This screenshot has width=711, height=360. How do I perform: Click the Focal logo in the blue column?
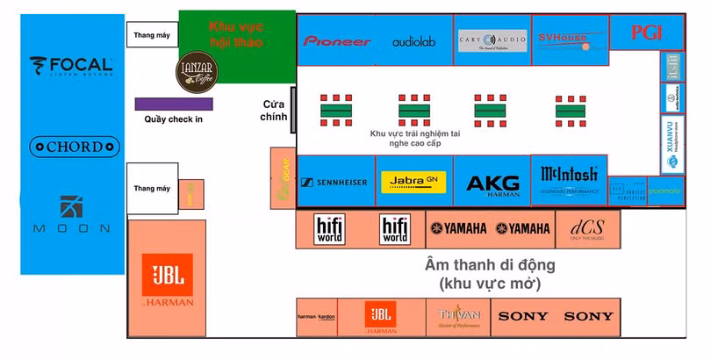pyautogui.click(x=71, y=66)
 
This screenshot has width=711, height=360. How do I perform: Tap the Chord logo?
pyautogui.click(x=74, y=147)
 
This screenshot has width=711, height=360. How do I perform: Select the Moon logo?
pyautogui.click(x=72, y=214)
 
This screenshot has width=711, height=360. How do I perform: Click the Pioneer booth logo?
pyautogui.click(x=337, y=41)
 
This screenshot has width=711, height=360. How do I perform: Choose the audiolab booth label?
pyautogui.click(x=413, y=41)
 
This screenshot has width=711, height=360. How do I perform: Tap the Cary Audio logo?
pyautogui.click(x=492, y=40)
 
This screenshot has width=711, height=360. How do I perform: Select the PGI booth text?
pyautogui.click(x=646, y=32)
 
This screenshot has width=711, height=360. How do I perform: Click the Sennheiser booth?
pyautogui.click(x=334, y=183)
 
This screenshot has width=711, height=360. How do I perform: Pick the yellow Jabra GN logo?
pyautogui.click(x=414, y=182)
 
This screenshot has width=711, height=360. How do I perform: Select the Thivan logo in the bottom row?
pyautogui.click(x=459, y=316)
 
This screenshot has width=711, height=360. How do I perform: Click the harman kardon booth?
pyautogui.click(x=318, y=317)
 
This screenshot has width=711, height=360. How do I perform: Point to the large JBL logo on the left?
pyautogui.click(x=168, y=279)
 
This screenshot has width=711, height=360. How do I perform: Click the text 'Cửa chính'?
pyautogui.click(x=274, y=111)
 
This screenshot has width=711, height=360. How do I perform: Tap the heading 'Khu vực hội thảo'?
pyautogui.click(x=236, y=34)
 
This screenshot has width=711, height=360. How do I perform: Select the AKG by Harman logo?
pyautogui.click(x=492, y=184)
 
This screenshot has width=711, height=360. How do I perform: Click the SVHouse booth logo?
pyautogui.click(x=564, y=39)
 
